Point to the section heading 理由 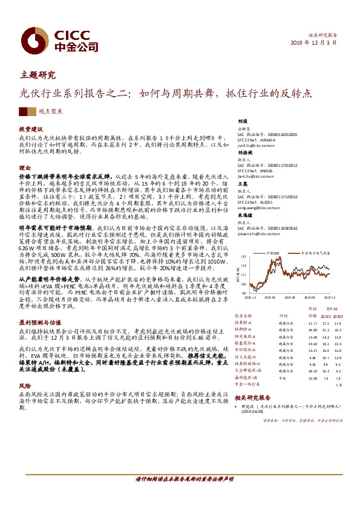(24, 167)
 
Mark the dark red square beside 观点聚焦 (24, 111)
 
